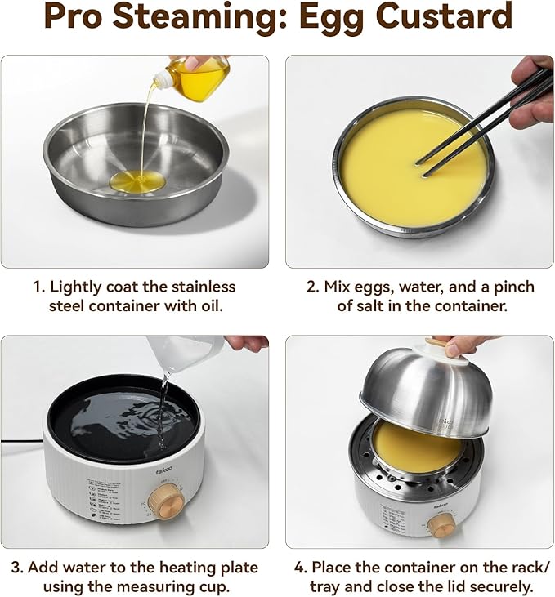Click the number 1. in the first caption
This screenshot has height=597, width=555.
[x=38, y=287]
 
